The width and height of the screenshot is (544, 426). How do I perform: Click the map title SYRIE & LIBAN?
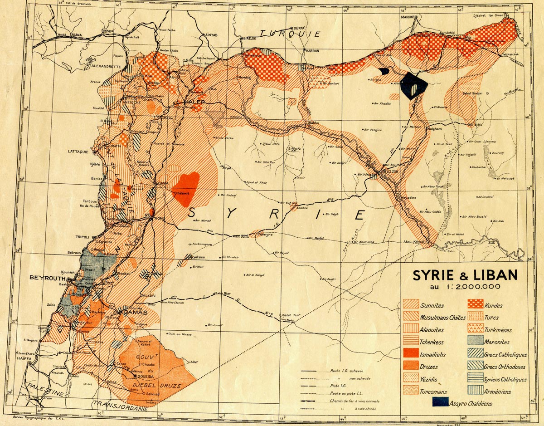pyautogui.click(x=464, y=275)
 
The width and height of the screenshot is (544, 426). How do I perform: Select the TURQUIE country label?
pyautogui.click(x=290, y=34)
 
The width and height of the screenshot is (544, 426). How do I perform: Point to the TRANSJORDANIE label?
pyautogui.click(x=120, y=408)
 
